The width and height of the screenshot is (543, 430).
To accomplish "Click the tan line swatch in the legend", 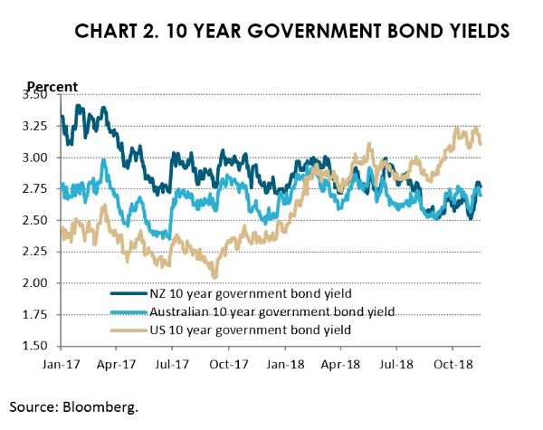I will [x=131, y=330].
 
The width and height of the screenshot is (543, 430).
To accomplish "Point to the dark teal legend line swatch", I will [x=131, y=292].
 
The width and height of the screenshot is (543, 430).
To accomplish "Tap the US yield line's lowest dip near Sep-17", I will [x=214, y=276].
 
